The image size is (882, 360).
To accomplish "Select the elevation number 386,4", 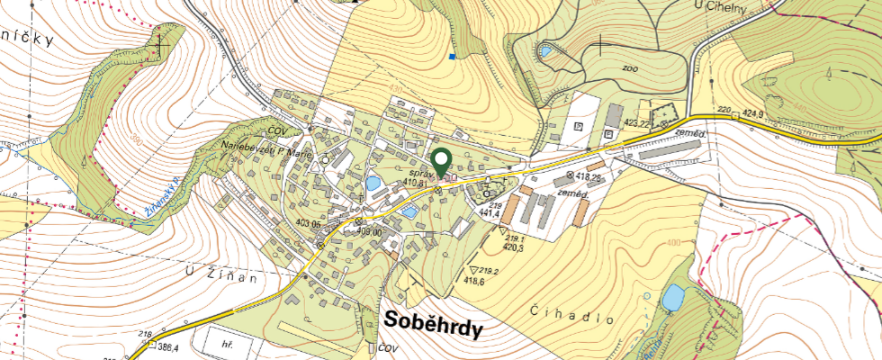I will point(168,346).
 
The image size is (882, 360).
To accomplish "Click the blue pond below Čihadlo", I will point(673,296).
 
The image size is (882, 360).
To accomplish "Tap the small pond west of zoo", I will point(546,51).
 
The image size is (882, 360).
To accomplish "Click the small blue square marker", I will point(452,57).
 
